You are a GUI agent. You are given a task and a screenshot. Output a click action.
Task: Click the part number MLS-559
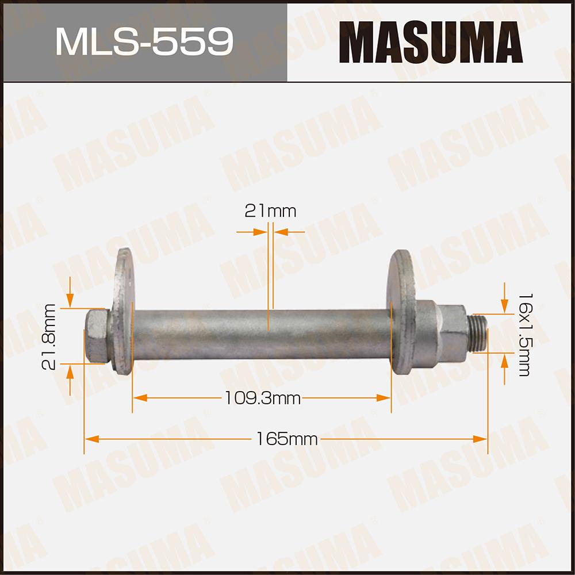pos(144,41)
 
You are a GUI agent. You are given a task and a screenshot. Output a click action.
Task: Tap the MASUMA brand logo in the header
pos(431,42)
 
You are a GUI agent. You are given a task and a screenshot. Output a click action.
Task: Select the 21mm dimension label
pos(270,211)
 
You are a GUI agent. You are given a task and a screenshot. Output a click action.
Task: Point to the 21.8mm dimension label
pos(49,336)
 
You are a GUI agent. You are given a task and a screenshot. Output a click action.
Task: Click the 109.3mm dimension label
pos(263,398)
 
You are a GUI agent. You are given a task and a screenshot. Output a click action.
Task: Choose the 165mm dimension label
pos(287,439)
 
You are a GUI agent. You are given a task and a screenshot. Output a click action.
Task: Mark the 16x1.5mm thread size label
pos(524,335)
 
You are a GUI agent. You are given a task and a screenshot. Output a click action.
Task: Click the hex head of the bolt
pos(97,336)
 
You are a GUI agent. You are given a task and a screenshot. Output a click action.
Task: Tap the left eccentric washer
pos(123,311)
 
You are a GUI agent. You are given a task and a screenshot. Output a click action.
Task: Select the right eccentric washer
pos(401,312)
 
